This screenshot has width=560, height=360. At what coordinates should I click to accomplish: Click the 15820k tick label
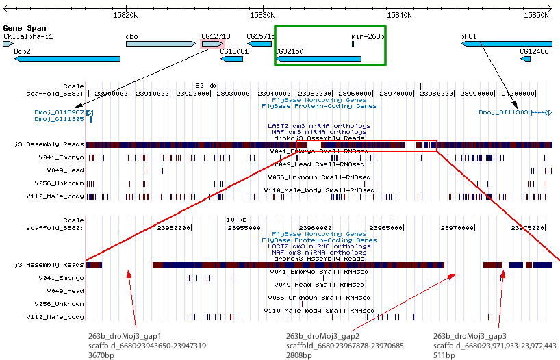[x=126, y=14]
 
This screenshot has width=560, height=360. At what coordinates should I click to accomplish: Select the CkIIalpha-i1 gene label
[x=28, y=36]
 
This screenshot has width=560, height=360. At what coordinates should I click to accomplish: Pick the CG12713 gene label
[x=216, y=36]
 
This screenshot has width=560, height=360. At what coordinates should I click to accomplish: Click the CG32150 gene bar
[x=319, y=59]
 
